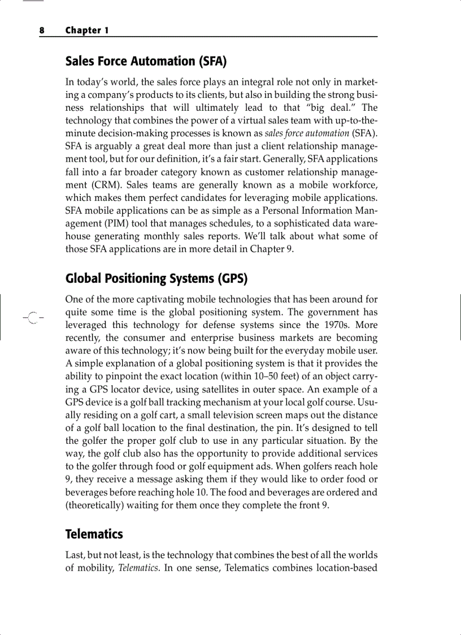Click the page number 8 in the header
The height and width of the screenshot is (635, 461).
[41, 31]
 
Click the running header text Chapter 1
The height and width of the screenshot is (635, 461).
[87, 31]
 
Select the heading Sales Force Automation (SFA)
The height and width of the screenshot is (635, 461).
[146, 61]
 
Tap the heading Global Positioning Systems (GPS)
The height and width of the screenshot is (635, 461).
[156, 278]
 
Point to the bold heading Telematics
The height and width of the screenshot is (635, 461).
[94, 534]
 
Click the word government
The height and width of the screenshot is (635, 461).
[327, 312]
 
